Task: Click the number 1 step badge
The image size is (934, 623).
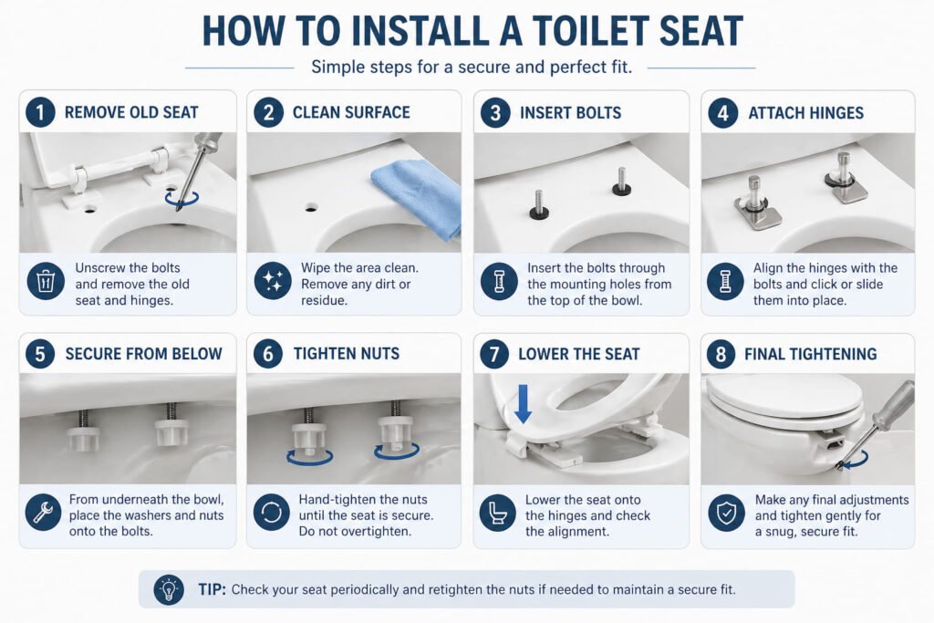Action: pos(40,113)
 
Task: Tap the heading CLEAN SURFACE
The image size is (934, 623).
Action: pos(351,113)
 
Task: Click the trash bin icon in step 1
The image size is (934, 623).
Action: pos(42,283)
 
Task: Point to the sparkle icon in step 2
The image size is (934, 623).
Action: pos(271,283)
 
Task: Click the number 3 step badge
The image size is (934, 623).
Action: pos(495,113)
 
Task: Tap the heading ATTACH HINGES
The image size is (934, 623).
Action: pos(805,113)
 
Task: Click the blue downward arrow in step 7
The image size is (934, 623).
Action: pos(524,402)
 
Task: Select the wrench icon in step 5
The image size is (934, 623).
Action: pos(42,514)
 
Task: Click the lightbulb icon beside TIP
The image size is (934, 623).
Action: pos(169,588)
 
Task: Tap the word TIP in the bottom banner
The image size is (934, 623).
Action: pos(212,589)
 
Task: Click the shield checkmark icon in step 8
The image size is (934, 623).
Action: pos(725,514)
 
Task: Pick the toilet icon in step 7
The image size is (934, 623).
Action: pos(498,514)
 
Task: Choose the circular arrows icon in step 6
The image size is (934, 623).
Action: pos(271,514)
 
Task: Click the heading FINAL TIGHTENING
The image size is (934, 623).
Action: pos(812,354)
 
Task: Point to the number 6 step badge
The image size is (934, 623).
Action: pos(268,354)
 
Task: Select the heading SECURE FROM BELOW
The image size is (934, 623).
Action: pos(143,354)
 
